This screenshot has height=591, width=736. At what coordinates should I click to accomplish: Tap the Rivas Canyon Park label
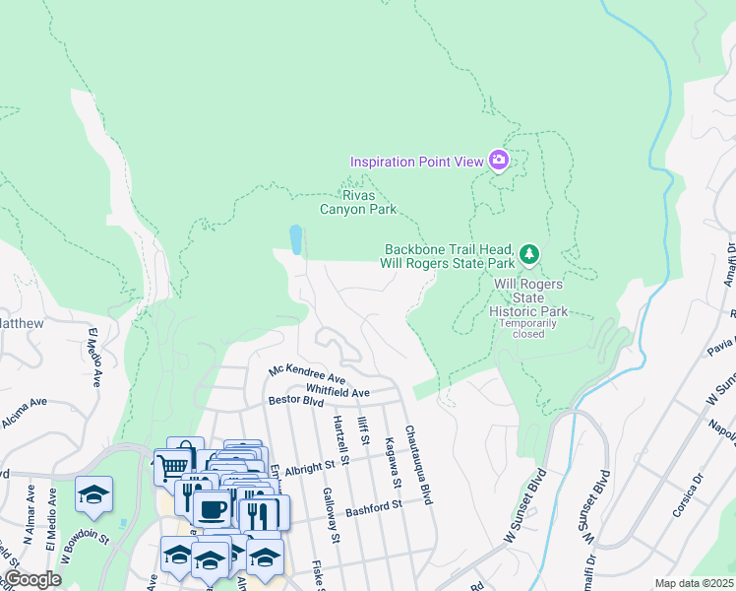point(358,202)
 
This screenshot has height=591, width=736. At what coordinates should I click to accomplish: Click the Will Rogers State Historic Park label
point(529,297)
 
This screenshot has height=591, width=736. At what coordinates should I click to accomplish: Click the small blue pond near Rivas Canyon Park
point(295,239)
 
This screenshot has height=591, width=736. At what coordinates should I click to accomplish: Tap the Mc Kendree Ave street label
point(307,375)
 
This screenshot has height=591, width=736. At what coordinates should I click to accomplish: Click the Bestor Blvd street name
point(296,402)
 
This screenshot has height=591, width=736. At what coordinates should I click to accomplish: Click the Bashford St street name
point(375,506)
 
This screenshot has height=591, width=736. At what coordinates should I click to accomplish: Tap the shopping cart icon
point(174,463)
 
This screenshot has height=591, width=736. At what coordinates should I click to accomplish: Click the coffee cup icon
point(212,509)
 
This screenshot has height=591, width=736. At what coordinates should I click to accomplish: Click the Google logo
point(31,579)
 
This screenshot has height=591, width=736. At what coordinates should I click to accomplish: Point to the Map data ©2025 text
point(694,583)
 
